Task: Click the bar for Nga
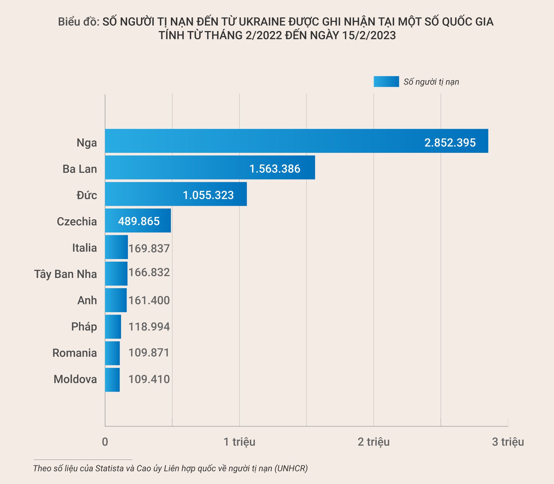[296, 141]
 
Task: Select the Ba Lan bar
[210, 167]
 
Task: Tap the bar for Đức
[176, 194]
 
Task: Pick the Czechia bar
[138, 221]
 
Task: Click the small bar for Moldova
[112, 380]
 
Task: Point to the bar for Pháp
[113, 327]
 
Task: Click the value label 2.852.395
[450, 143]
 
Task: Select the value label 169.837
[149, 249]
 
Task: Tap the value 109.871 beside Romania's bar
[149, 353]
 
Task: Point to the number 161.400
[149, 300]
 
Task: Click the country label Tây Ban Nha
[66, 274]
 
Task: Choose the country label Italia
[84, 248]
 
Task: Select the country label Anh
[87, 300]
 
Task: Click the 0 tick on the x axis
[105, 442]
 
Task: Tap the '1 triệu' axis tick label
[239, 442]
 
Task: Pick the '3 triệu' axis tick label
[508, 442]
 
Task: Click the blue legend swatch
[386, 82]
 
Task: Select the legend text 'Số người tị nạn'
[431, 82]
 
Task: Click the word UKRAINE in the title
[262, 22]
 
